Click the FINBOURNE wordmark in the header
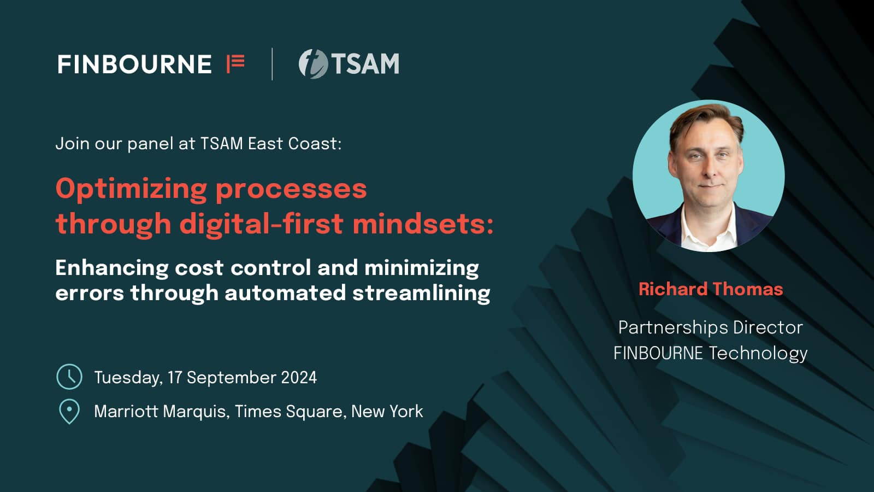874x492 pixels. [x=134, y=64]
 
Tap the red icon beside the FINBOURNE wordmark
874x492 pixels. [x=235, y=63]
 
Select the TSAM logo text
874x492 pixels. [x=365, y=63]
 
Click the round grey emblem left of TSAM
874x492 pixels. [x=314, y=63]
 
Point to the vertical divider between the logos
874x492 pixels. [x=272, y=63]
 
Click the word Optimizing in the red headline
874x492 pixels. [x=132, y=190]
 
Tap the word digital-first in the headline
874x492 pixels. [x=262, y=224]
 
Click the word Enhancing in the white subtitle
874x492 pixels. [x=112, y=268]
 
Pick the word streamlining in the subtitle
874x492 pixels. [x=421, y=294]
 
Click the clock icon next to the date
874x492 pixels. [x=69, y=377]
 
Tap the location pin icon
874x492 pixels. [x=69, y=412]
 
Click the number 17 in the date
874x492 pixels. [x=175, y=378]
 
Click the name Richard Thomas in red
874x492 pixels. [x=711, y=289]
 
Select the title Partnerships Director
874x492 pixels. [x=711, y=328]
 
